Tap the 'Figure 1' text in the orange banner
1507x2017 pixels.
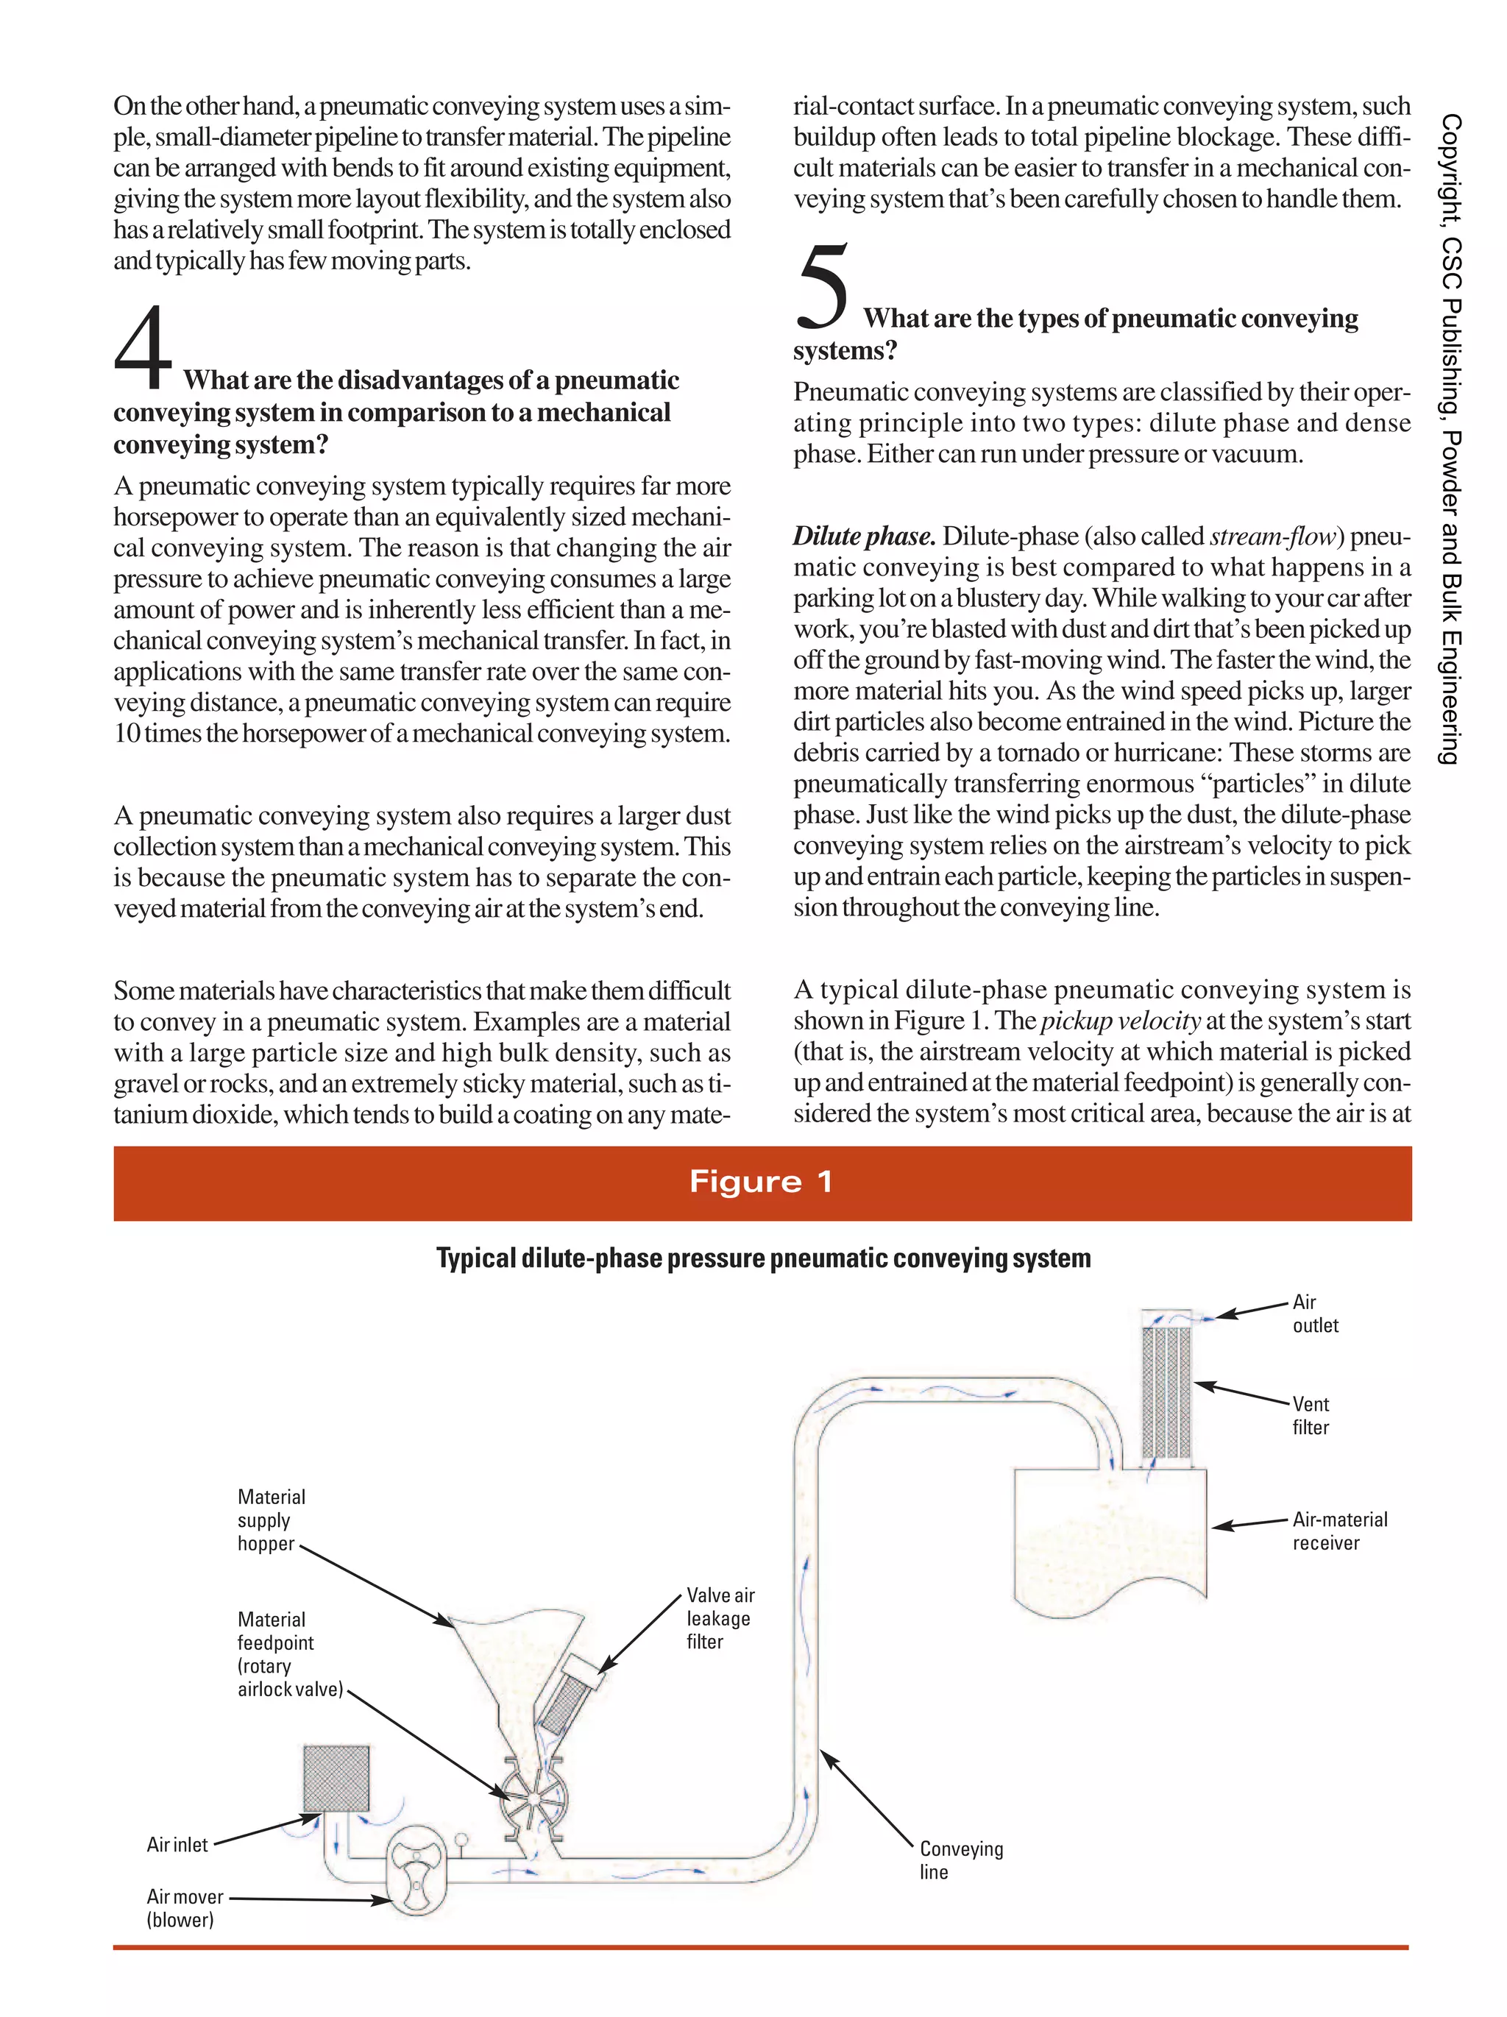[x=762, y=1182]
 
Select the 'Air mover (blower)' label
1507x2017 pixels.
[x=185, y=1907]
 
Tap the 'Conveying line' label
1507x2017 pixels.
[x=960, y=1860]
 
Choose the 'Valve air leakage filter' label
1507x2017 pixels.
[x=720, y=1617]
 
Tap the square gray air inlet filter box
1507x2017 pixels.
[x=336, y=1778]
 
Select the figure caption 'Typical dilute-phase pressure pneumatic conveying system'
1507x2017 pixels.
[x=763, y=1258]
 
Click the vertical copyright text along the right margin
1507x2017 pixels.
[x=1450, y=438]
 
